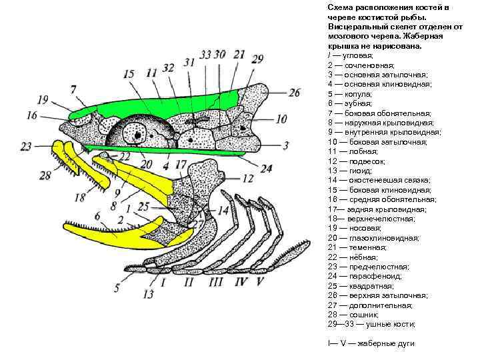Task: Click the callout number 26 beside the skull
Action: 295,93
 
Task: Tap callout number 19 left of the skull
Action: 43,101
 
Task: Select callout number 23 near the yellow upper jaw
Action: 27,146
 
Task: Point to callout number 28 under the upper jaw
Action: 45,175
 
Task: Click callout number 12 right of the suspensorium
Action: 247,178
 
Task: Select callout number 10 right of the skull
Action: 281,119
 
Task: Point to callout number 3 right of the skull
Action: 285,145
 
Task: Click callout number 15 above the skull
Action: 128,74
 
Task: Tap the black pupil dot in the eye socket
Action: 138,135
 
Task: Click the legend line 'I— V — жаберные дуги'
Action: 371,343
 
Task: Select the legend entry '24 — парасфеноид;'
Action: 364,276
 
